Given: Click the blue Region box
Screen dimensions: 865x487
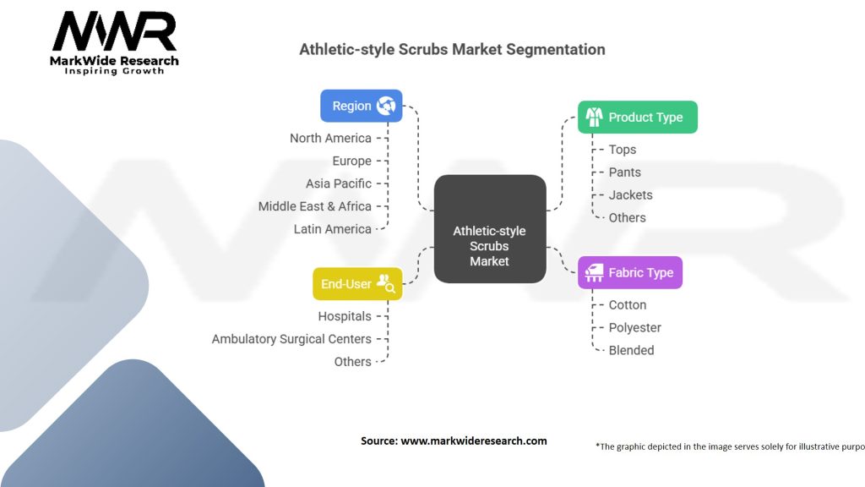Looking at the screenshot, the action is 362,106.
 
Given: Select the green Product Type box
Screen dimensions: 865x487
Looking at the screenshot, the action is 638,117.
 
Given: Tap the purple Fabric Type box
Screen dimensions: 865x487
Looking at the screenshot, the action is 630,273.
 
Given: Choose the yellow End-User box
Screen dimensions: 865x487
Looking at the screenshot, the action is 357,284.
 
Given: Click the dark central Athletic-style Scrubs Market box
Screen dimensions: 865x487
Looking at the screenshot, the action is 490,229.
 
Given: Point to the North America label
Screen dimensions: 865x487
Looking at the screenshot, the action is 330,138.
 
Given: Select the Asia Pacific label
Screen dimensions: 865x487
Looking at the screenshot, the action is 339,183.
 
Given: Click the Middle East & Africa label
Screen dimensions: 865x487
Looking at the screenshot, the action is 315,206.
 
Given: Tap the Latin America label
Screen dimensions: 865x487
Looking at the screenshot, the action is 333,229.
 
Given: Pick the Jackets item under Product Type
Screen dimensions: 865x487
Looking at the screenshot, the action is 630,195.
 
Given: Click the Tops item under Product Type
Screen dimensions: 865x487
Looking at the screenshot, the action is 623,150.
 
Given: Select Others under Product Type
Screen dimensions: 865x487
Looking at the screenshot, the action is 628,217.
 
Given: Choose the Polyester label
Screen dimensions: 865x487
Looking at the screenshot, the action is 635,327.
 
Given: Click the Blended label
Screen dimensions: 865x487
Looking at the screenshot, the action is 632,350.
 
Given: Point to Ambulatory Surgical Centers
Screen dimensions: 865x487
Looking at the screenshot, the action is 291,339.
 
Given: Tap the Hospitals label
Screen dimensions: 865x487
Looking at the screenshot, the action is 345,316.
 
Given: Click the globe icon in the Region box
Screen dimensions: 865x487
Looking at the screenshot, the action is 386,106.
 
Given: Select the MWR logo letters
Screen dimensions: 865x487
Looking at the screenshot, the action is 114,31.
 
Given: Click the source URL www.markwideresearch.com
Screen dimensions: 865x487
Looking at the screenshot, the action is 474,440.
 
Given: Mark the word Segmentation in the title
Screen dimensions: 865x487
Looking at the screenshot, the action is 556,50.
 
